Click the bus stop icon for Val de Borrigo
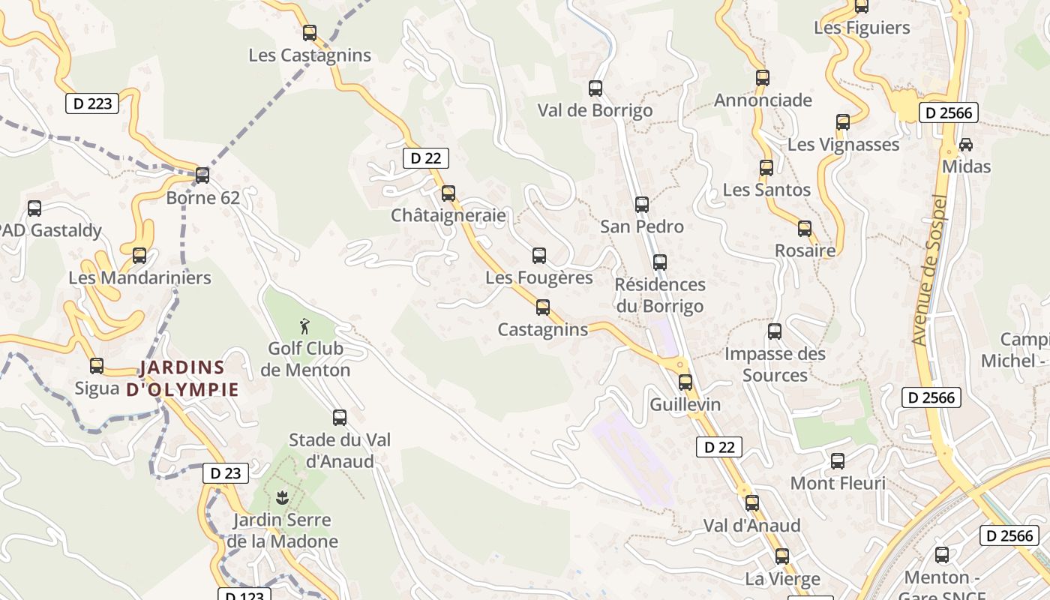point(595,88)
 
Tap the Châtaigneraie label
point(448,216)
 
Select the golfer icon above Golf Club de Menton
point(304,326)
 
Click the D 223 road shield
point(93,103)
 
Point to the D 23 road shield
point(226,473)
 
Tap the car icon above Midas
point(966,144)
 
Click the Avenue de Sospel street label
point(930,270)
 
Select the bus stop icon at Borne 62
point(202,175)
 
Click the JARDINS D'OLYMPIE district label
point(182,378)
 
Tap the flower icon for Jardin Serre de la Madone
point(282,496)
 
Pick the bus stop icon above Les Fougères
point(539,256)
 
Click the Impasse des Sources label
point(775,364)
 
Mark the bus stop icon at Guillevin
point(685,382)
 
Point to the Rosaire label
point(805,250)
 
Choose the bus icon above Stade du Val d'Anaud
point(340,418)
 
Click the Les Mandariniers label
point(139,277)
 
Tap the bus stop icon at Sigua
point(97,366)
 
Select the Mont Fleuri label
point(838,483)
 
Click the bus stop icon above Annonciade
point(763,77)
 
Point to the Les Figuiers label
point(862,28)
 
